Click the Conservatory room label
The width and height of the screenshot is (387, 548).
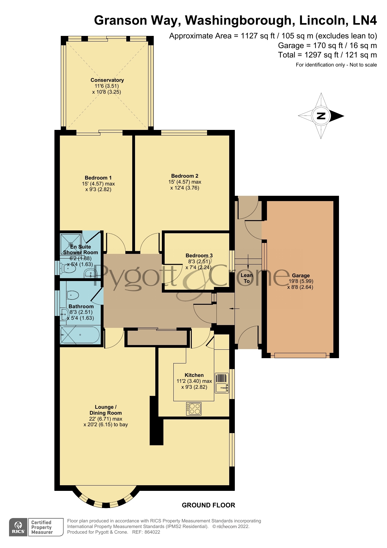tap(107, 80)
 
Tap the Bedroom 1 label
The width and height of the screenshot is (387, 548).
tap(98, 178)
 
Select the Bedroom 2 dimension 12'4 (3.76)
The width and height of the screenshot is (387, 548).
tap(185, 188)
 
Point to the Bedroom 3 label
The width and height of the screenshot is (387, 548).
tap(199, 255)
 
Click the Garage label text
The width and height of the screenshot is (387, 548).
tap(301, 275)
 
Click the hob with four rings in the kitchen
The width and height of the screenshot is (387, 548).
tap(194, 408)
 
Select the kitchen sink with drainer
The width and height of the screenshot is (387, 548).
tap(222, 383)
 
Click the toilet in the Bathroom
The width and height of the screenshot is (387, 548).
tap(72, 295)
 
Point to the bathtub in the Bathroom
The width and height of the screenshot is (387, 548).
tap(80, 335)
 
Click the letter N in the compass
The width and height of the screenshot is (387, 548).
tap(321, 116)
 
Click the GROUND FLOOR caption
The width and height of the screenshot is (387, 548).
tap(208, 505)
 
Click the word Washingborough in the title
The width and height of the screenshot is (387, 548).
tap(238, 21)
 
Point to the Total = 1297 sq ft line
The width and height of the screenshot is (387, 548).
tap(327, 55)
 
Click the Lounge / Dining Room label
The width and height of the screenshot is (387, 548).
tap(105, 410)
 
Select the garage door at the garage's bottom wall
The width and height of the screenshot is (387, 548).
tap(300, 355)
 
